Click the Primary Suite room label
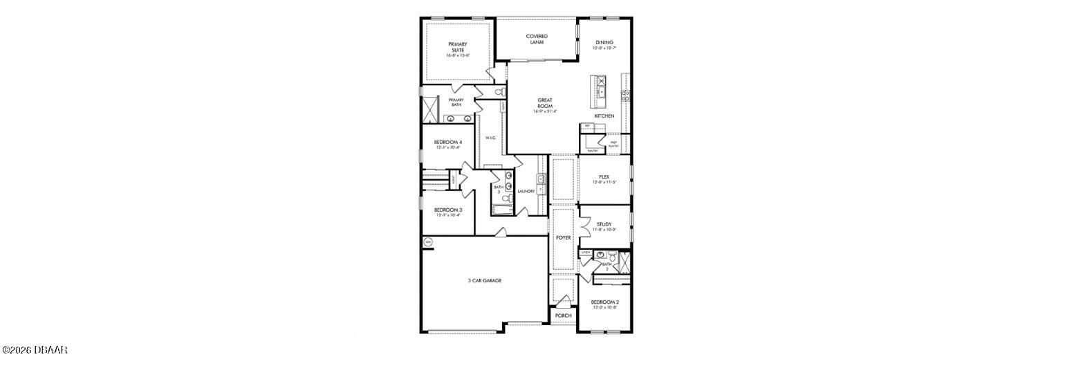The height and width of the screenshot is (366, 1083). [x=457, y=49]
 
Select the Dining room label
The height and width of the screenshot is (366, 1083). [x=604, y=45]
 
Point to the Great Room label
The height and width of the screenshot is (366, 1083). [x=545, y=105]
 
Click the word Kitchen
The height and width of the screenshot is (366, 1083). [x=604, y=116]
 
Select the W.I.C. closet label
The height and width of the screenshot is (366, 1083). [x=490, y=138]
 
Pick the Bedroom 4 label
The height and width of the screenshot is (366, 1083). [x=448, y=144]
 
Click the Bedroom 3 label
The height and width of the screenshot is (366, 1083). [x=448, y=212]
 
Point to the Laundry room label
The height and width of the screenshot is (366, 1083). [x=526, y=191]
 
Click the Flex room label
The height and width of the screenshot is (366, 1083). [x=604, y=179]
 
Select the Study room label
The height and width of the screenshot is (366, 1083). [x=604, y=226]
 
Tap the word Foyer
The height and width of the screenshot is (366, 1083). [x=563, y=237]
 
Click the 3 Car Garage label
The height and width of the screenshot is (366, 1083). [x=483, y=280]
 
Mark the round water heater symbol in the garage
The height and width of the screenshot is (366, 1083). [x=428, y=241]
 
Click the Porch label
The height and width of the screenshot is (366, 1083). [x=563, y=315]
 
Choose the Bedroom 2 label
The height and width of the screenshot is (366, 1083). [x=604, y=304]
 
